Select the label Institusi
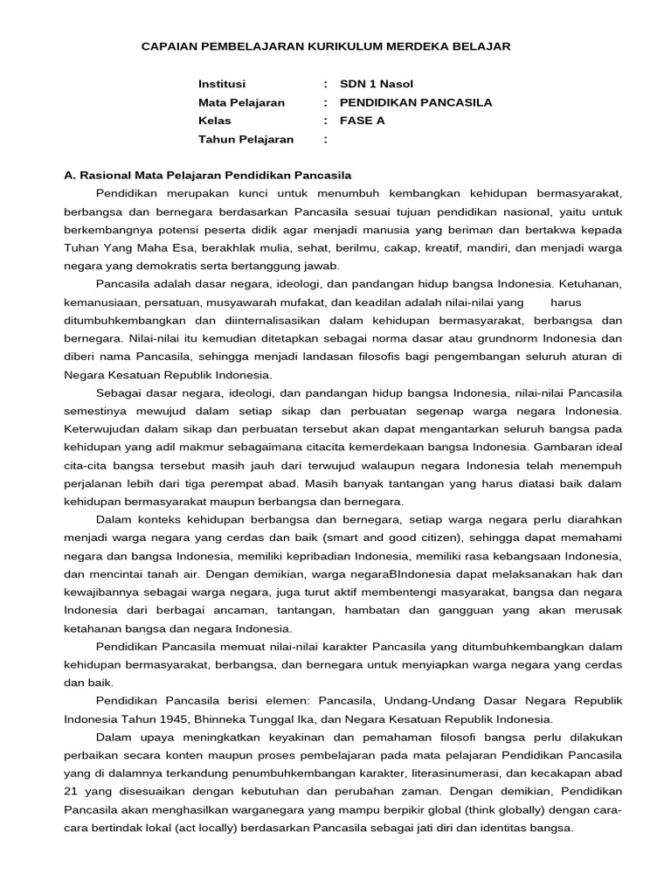point(222,84)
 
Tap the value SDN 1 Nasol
point(376,84)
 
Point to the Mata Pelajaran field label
point(241,102)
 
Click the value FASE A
point(362,121)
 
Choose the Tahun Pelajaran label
point(246,139)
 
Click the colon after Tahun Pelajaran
point(325,139)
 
